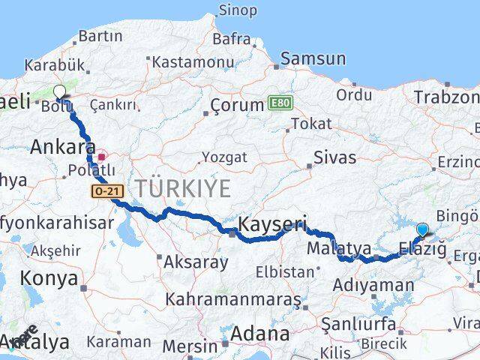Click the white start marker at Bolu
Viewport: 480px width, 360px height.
(x=60, y=92)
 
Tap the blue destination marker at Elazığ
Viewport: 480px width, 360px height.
(x=422, y=230)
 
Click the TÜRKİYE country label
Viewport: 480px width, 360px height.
(x=182, y=188)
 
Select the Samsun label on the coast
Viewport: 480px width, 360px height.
(x=313, y=58)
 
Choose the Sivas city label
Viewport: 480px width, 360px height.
(x=334, y=157)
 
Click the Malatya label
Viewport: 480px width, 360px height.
(x=339, y=247)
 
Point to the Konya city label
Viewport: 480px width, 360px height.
(x=49, y=278)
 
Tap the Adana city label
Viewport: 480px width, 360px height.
(x=261, y=333)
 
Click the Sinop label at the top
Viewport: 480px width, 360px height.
(x=237, y=10)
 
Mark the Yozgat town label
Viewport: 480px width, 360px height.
(x=222, y=157)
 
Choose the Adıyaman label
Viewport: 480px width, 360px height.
(x=373, y=285)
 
